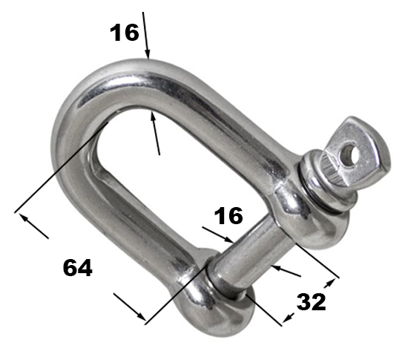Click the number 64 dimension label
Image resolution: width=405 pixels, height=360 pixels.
(77, 268)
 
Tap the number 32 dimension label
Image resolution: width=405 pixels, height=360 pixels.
(311, 301)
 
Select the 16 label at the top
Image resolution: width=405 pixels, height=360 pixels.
(124, 33)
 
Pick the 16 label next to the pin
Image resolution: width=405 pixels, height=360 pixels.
(228, 215)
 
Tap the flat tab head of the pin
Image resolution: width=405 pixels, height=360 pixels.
(362, 150)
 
